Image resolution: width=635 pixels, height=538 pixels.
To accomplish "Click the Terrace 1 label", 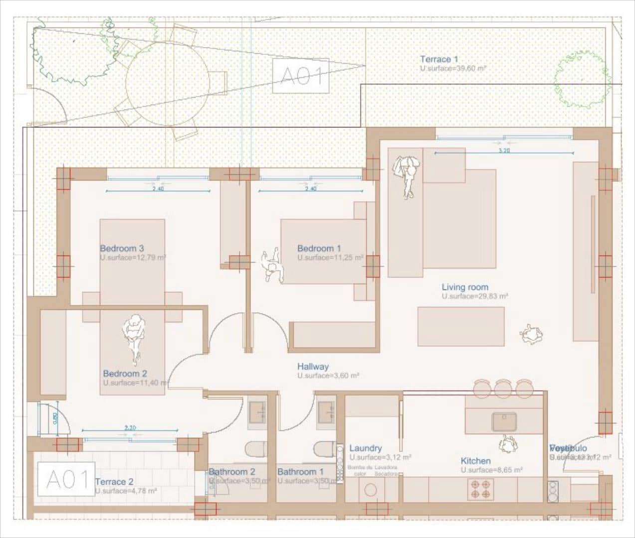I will point(438,59).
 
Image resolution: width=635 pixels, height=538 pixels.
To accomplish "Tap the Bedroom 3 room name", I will point(122,248).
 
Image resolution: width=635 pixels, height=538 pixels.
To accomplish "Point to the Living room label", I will point(464,287).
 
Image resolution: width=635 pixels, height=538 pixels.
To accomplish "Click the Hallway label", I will point(313,366).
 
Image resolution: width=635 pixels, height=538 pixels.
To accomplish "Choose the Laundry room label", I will point(365,448).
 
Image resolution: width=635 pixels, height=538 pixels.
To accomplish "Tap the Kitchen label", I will point(475,461).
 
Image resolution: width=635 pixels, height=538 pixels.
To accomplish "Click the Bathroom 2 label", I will point(232,471).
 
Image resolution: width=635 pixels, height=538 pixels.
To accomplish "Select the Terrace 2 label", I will point(114,482).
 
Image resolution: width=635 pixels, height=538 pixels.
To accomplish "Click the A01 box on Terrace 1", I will point(301,76).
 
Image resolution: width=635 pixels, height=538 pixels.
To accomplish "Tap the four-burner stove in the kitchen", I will point(480,489).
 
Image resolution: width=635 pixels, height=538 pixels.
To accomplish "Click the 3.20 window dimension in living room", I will point(504,150).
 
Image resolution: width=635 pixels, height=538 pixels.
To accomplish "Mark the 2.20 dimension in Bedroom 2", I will point(130,427).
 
